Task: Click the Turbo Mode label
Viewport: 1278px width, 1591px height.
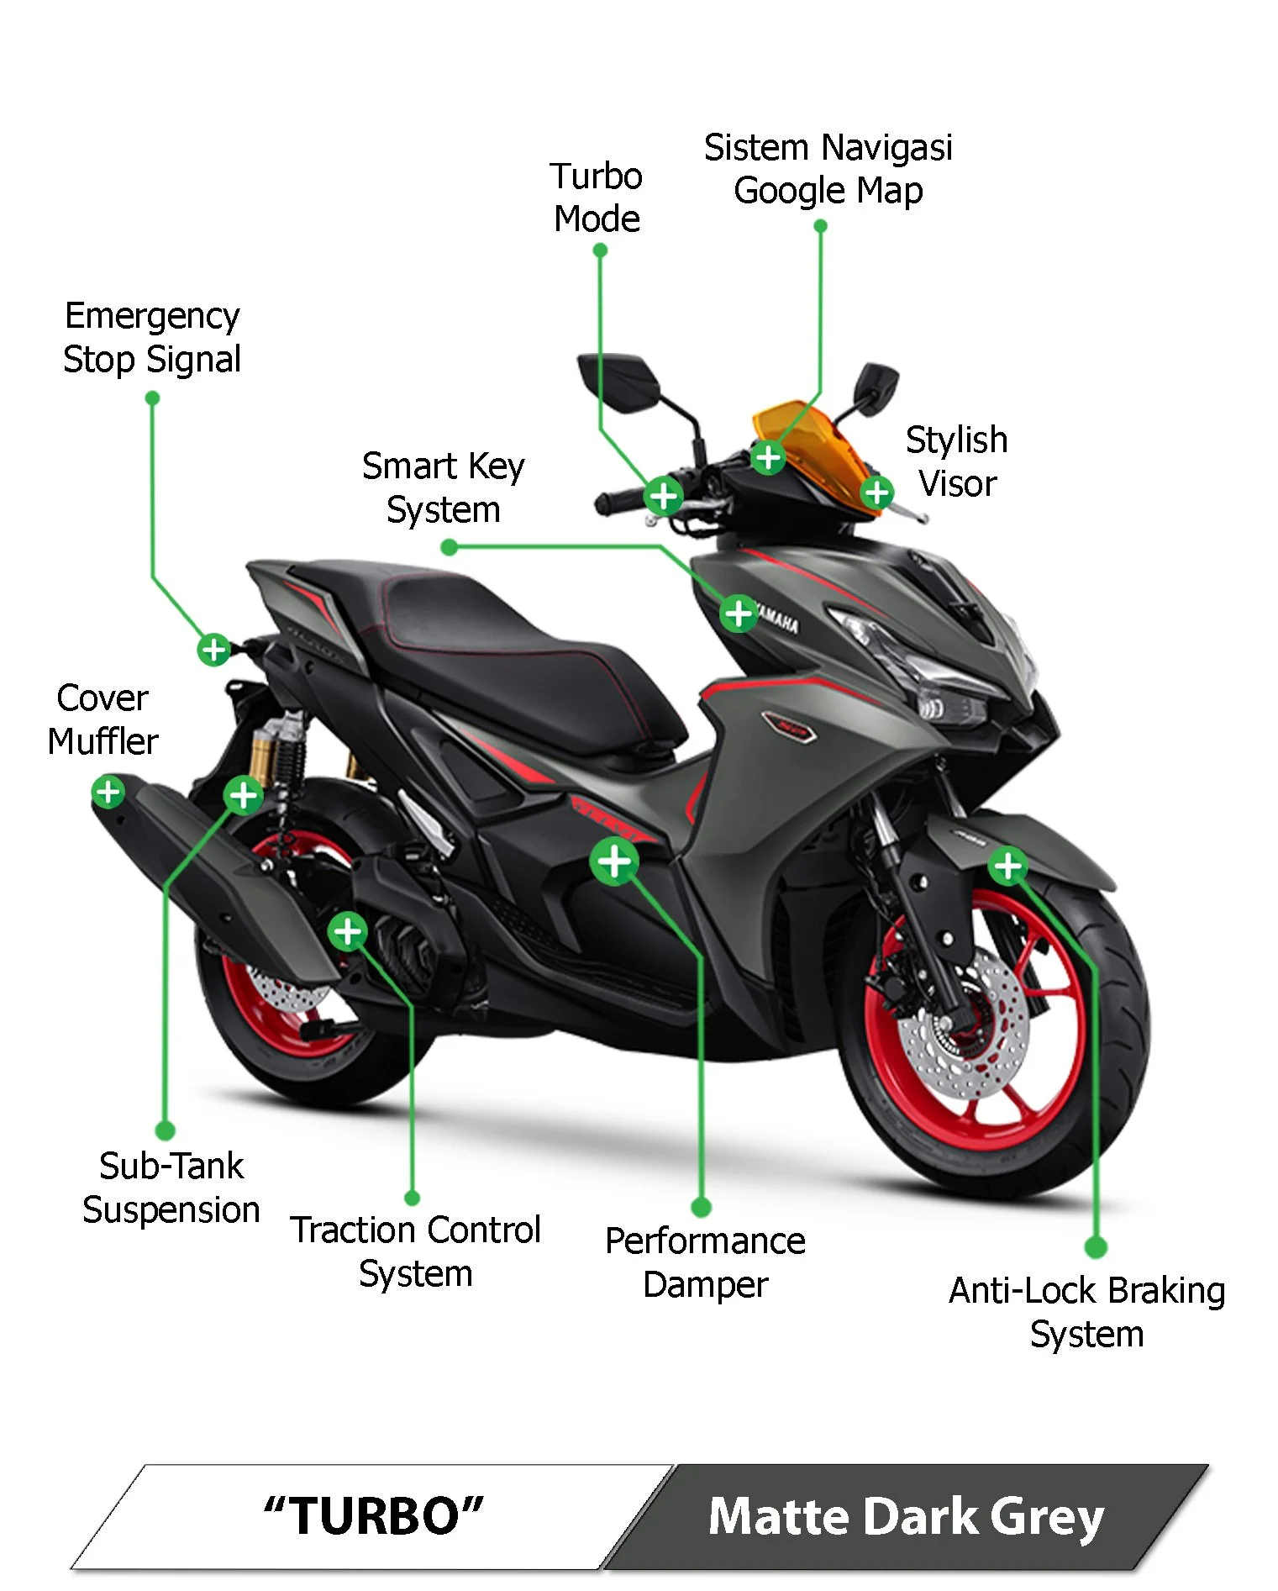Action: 597,198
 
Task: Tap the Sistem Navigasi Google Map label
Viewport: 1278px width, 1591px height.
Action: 828,169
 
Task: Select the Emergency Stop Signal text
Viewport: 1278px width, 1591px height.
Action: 152,337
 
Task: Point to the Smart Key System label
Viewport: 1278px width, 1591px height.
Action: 443,487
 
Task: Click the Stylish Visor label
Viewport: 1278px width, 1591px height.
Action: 957,461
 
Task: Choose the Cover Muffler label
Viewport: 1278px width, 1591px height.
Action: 103,719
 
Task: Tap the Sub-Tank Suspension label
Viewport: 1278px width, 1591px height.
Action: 171,1188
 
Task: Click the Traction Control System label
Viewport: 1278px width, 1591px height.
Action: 415,1251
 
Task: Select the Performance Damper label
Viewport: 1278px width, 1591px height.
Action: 705,1262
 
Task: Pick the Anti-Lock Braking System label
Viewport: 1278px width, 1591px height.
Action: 1086,1312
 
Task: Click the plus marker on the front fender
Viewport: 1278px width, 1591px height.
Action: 1007,866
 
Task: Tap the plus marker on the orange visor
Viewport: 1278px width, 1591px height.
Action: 768,458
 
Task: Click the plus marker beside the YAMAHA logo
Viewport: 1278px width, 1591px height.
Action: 739,614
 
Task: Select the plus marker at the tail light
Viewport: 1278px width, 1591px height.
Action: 214,649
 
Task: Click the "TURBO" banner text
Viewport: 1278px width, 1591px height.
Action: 373,1516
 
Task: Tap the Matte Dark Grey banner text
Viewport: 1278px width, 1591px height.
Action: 906,1516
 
